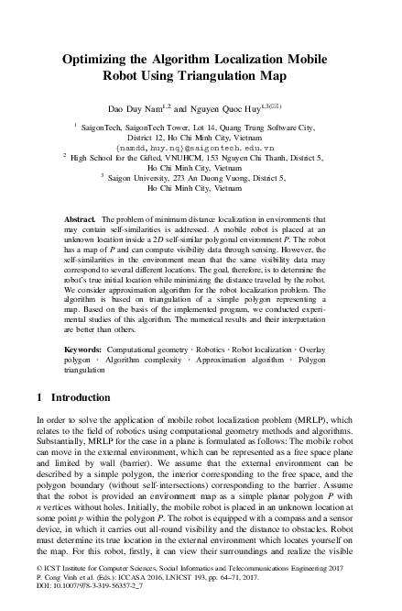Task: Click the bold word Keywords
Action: click(82, 350)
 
